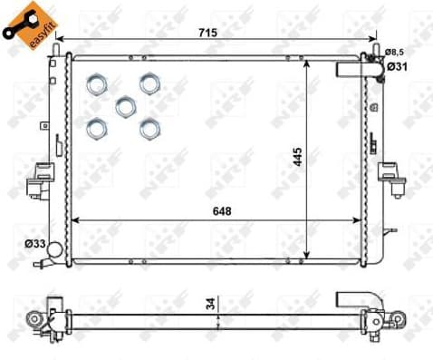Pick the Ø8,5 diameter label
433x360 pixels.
coord(394,52)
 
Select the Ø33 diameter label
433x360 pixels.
coord(36,244)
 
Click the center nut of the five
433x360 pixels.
coord(125,107)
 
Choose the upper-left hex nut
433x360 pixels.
coord(97,84)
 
